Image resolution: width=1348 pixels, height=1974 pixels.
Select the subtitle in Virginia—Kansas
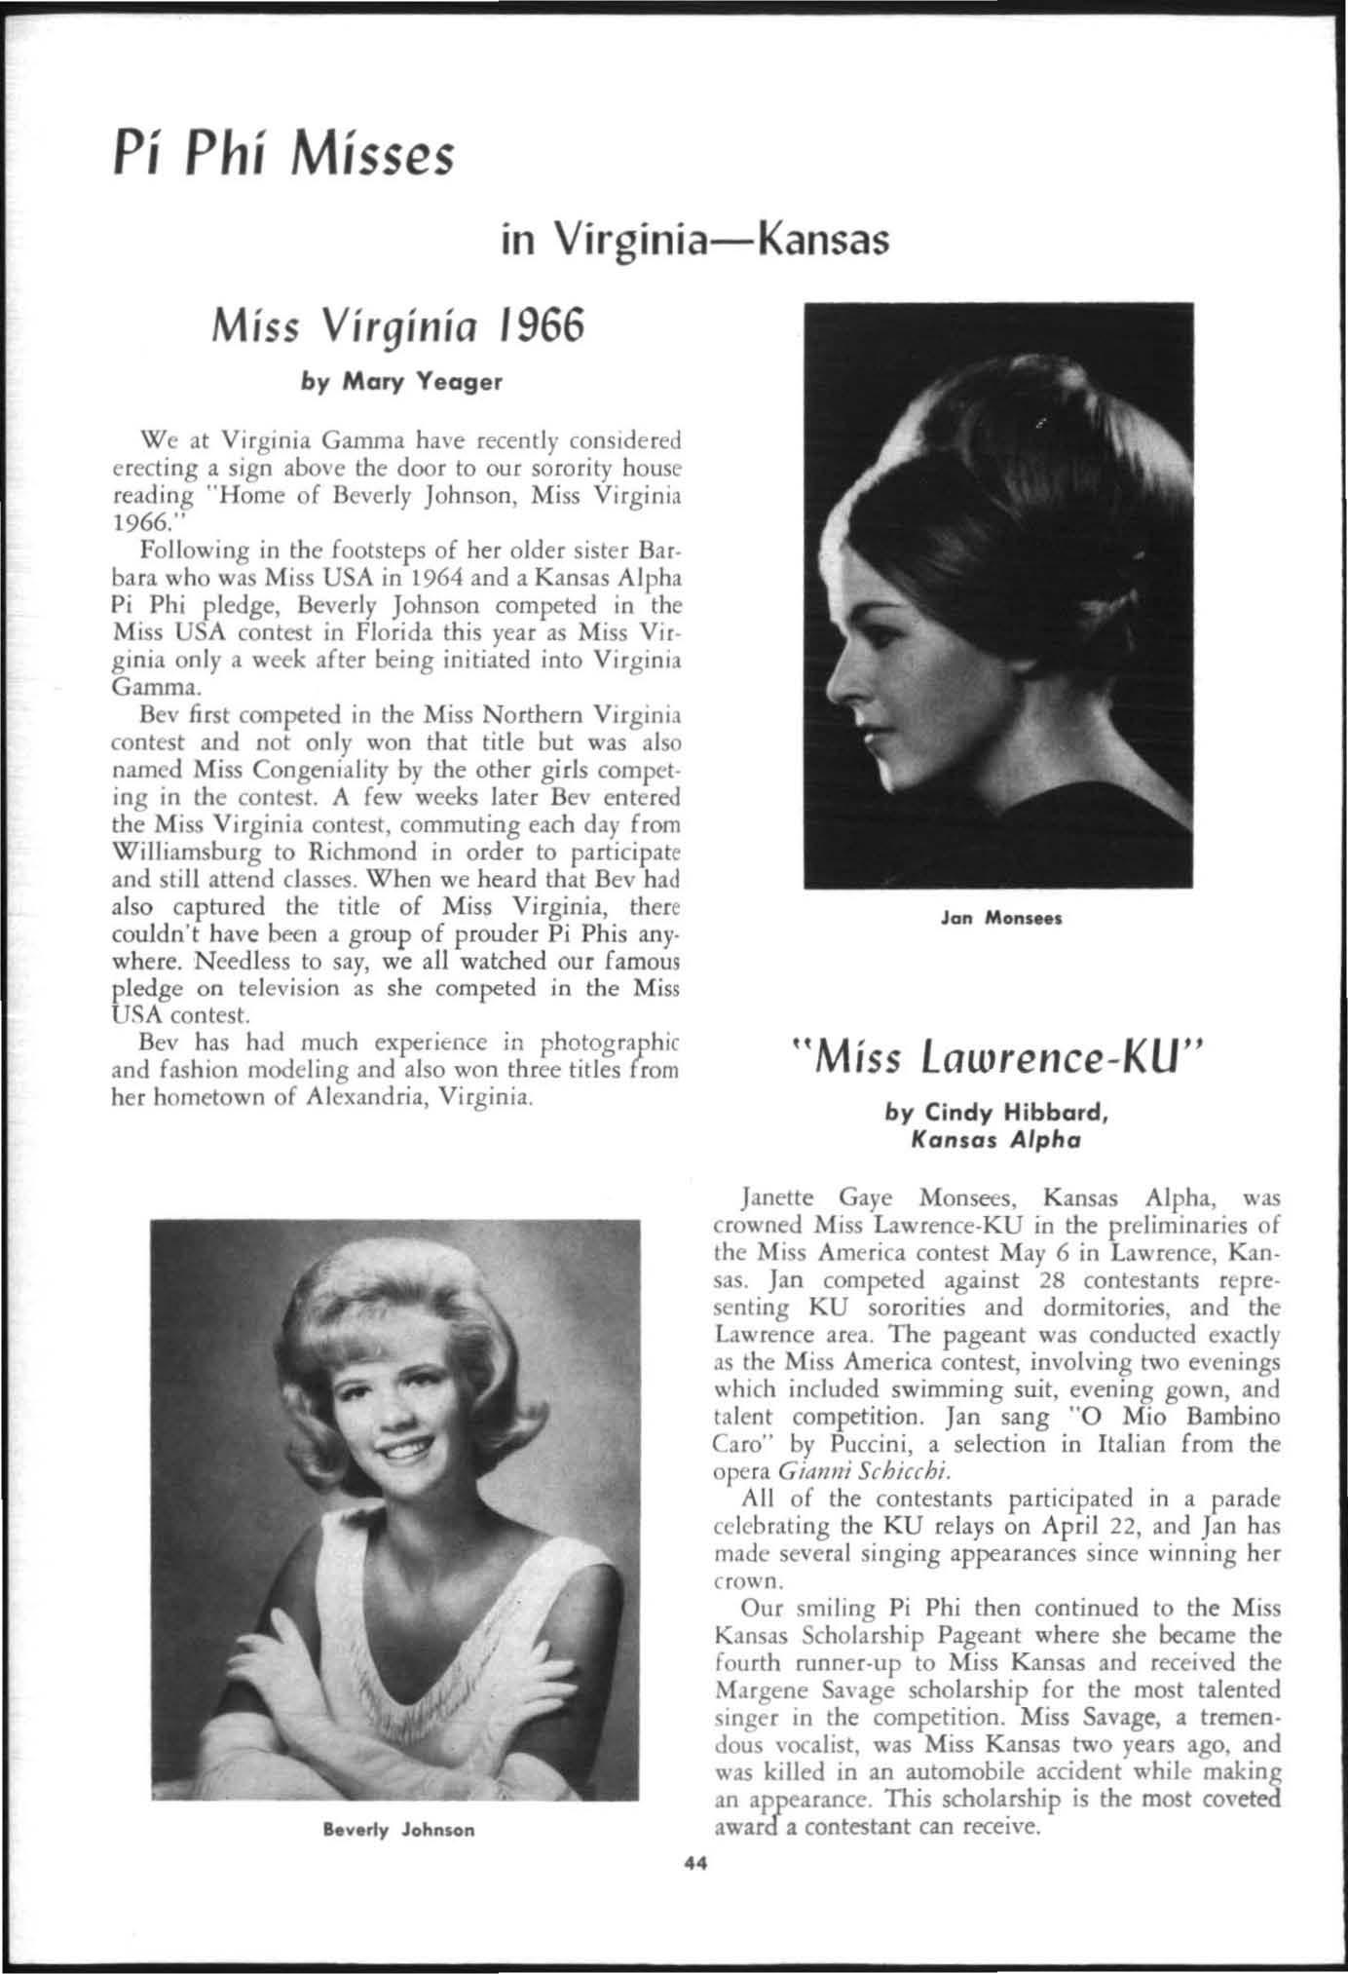(x=694, y=238)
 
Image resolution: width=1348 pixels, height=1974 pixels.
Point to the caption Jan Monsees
(x=999, y=918)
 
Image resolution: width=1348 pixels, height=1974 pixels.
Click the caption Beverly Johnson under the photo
(x=399, y=1830)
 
